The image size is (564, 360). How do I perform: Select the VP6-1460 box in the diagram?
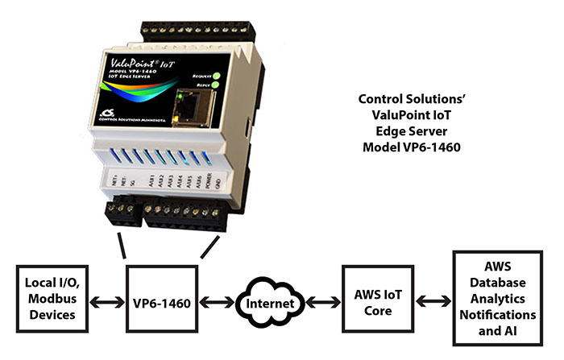[x=161, y=303]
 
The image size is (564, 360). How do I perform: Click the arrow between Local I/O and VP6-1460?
[x=106, y=304]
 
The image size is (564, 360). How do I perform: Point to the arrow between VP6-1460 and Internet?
[x=218, y=304]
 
